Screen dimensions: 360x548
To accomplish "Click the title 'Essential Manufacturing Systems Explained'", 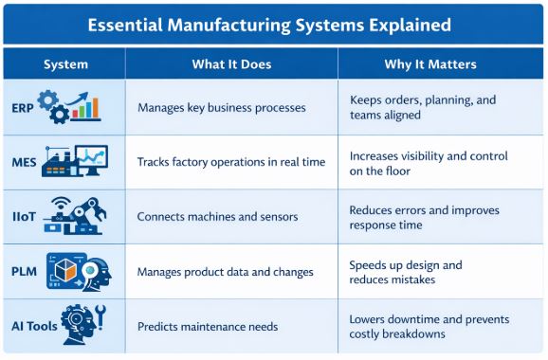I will [x=274, y=24].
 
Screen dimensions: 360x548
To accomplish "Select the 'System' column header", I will [x=65, y=64].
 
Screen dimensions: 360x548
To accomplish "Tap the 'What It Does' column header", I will [x=231, y=64].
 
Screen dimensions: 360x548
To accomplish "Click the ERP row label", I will [x=24, y=107].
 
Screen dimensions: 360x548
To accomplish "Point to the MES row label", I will [x=25, y=162].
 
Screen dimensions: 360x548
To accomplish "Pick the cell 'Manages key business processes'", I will [x=221, y=107].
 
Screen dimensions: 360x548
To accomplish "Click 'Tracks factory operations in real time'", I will [x=231, y=162].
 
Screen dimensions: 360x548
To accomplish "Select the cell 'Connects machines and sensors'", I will [x=218, y=217].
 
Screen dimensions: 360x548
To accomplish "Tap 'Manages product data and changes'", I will [x=225, y=272].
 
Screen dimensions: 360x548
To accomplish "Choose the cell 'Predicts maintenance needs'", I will [x=208, y=326].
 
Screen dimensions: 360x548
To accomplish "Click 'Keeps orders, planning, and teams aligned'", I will [x=422, y=107].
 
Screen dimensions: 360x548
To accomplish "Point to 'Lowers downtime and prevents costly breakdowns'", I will [x=422, y=326].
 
